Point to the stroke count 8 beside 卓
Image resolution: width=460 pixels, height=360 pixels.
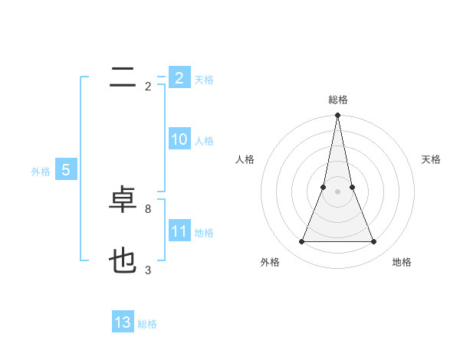pos(148,208)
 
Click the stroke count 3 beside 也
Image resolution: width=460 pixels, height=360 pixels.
pos(148,270)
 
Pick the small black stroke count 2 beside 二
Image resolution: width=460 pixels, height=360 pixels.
pos(148,87)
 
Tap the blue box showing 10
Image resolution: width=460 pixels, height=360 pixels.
pos(179,139)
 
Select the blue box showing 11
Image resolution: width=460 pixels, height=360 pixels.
pos(179,231)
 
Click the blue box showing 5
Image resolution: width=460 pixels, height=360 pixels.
pos(66,170)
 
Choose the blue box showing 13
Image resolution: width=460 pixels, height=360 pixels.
pos(123,322)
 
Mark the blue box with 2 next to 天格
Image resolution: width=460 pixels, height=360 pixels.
pos(179,78)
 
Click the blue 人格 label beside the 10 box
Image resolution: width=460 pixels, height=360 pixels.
pos(204,141)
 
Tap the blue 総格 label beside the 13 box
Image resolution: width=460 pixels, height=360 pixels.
pos(147,324)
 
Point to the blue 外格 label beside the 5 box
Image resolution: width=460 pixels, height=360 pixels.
pos(41,172)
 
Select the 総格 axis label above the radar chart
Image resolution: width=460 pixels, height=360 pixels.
pos(338,100)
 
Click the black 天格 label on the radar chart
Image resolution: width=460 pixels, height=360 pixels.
pos(432,159)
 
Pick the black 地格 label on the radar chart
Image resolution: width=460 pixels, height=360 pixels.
pos(402,262)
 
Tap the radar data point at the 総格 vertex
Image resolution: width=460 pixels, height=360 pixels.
pos(338,116)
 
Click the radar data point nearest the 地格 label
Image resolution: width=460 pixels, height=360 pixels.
pos(374,242)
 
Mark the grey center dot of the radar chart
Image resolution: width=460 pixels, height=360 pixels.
pos(338,192)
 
